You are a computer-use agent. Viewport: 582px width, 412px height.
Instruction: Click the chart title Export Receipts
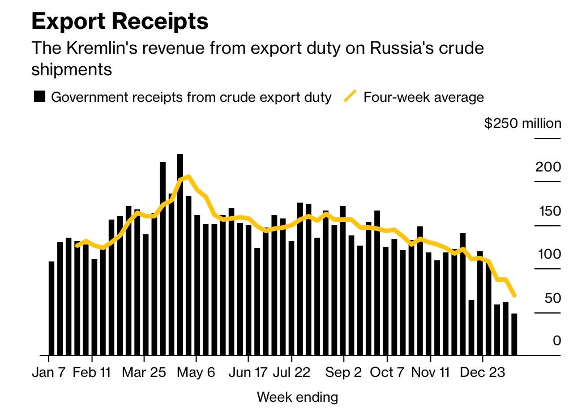tap(120, 22)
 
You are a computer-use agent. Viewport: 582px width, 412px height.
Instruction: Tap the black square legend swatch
tap(40, 97)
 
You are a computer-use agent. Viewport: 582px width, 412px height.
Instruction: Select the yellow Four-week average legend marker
tap(351, 97)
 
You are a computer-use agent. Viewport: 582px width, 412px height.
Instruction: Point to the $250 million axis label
tap(523, 123)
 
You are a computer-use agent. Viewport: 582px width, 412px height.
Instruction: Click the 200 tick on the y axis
tap(548, 167)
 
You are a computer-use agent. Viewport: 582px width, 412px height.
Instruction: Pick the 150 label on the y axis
tap(548, 211)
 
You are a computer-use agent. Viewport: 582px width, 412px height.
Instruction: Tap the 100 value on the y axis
tap(548, 254)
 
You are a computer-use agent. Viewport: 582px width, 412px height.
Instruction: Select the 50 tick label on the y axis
tap(552, 298)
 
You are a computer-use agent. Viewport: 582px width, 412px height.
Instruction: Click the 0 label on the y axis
tap(557, 341)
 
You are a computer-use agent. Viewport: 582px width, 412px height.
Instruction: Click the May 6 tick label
tap(195, 373)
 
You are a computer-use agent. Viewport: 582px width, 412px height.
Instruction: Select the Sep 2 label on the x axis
tap(344, 373)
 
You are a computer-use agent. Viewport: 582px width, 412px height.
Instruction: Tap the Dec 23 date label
tap(482, 373)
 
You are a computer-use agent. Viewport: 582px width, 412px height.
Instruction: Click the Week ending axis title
tap(297, 397)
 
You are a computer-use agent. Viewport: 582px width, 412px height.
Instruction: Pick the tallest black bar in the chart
tap(180, 255)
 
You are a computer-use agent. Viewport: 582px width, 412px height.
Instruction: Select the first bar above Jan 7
tap(52, 308)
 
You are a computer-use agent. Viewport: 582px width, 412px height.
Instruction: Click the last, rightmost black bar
tap(514, 334)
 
